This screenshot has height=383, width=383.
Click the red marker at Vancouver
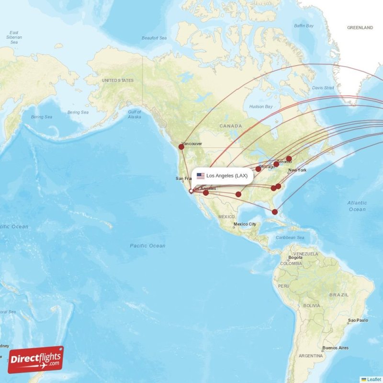click(181, 146)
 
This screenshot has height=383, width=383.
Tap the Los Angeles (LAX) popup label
click(227, 176)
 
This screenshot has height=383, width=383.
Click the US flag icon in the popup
click(200, 176)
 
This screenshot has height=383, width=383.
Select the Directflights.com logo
click(35, 359)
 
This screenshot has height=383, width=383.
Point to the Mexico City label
click(245, 224)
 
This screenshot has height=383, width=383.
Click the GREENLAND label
click(360, 28)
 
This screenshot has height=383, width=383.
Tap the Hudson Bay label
click(261, 106)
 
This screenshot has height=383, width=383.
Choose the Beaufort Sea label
click(154, 38)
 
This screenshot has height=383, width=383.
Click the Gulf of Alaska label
click(135, 114)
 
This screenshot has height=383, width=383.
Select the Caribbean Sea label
click(290, 237)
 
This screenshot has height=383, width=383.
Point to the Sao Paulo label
click(359, 320)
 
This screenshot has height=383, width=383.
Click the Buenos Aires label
click(336, 348)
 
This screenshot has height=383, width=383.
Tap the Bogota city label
click(295, 258)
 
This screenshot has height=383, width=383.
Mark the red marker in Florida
click(274, 212)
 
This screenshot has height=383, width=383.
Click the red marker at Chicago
click(259, 169)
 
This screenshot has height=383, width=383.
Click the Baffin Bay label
click(304, 25)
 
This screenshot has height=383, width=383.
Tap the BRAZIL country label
click(339, 295)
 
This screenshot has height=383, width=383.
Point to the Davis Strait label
click(323, 88)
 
